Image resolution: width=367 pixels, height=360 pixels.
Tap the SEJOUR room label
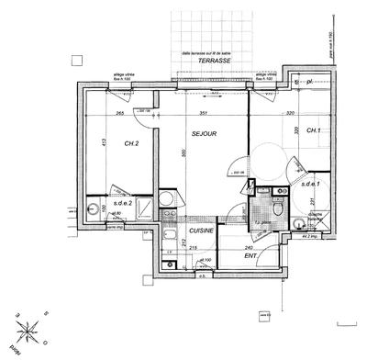coord(204,134)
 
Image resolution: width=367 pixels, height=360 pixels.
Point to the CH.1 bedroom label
coord(312,131)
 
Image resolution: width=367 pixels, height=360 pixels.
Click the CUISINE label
coord(201,231)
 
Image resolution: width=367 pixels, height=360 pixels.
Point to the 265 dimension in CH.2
coord(120,114)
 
